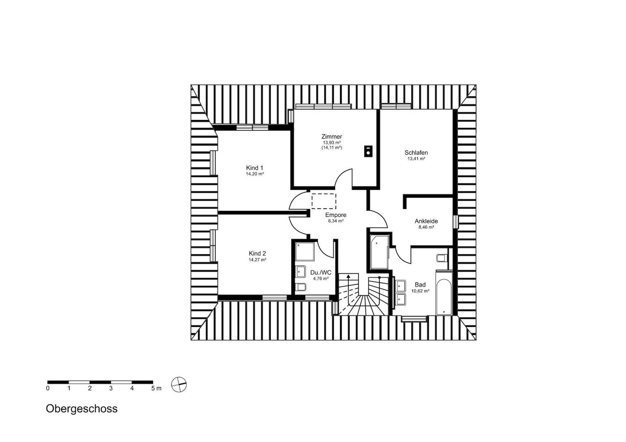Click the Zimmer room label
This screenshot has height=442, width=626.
click(332, 137)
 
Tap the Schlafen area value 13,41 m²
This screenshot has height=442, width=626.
click(416, 159)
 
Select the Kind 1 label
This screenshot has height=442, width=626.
click(254, 168)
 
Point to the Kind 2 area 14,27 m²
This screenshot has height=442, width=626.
click(257, 259)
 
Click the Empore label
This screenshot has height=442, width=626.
click(336, 215)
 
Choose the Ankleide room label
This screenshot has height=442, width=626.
click(426, 221)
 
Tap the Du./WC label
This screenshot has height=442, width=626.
click(321, 273)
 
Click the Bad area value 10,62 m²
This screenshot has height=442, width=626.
click(420, 291)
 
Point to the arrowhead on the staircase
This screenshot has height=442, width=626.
click(348, 276)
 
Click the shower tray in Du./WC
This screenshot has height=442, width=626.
click(305, 251)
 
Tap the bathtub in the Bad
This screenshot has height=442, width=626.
click(444, 293)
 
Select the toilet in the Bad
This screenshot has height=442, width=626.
click(441, 258)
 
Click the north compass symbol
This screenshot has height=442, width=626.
click(179, 384)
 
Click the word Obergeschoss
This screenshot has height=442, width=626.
click(82, 409)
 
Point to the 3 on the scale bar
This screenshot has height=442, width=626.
click(111, 388)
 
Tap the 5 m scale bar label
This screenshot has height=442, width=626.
click(156, 388)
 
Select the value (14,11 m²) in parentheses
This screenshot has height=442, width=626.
click(332, 147)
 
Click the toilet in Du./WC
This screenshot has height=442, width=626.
click(301, 287)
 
